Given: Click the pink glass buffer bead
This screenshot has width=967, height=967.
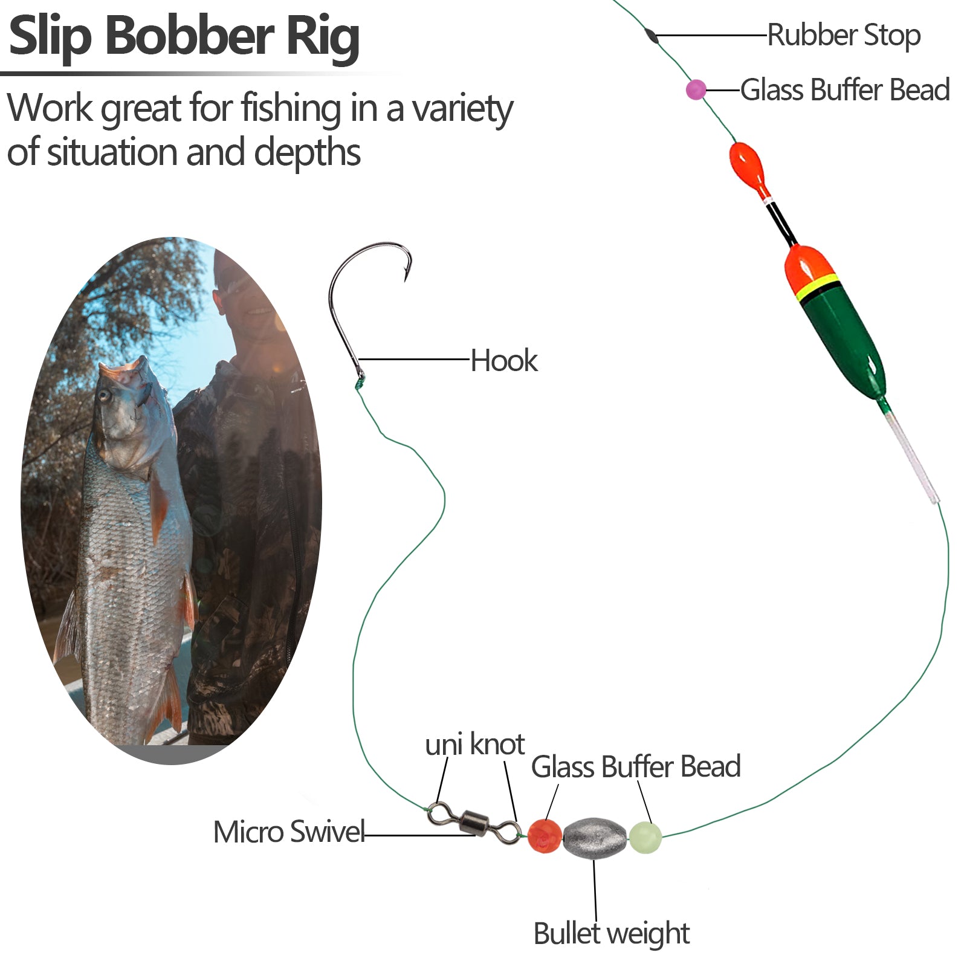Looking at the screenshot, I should [696, 89].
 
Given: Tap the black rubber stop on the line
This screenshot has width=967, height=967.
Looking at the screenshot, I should [652, 35].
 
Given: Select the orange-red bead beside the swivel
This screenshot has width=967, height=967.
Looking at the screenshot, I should [544, 836].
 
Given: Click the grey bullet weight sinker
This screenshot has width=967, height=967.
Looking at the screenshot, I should [595, 837].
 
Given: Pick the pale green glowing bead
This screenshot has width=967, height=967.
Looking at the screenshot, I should [645, 837].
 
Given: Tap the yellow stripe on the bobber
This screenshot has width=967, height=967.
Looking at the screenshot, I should [818, 288].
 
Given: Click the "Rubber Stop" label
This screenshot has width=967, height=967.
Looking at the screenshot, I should [844, 35].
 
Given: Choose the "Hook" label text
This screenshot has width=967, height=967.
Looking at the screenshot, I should [503, 361].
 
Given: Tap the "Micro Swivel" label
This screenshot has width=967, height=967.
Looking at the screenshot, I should [289, 832].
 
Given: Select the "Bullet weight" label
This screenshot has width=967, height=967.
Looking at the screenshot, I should [611, 934].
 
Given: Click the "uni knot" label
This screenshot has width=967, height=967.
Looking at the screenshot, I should [474, 745].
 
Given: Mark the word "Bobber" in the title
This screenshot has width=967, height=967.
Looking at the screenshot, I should [190, 36].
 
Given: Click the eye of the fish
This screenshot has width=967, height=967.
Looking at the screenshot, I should [105, 396].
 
